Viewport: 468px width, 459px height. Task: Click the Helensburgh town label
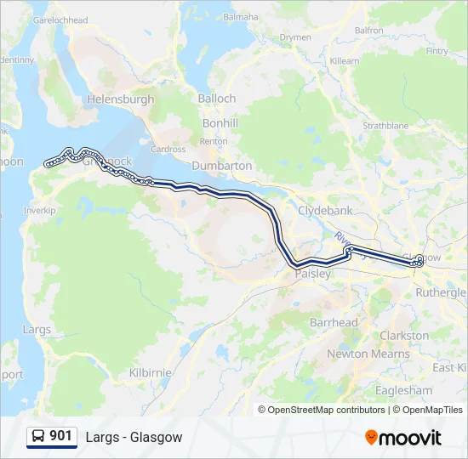[x=121, y=99]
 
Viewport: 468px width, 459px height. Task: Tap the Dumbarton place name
[x=222, y=166]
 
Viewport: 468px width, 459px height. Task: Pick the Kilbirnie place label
[x=150, y=372]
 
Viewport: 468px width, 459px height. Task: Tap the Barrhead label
[x=334, y=323]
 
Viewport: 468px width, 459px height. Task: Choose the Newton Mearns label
[x=359, y=354]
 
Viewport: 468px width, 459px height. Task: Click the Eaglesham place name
[x=403, y=390]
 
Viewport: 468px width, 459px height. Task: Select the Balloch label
[x=217, y=99]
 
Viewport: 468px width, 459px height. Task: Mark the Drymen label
[x=295, y=37]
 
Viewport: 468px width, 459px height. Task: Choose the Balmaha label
[x=240, y=16]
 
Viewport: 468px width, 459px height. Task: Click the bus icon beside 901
[x=38, y=437]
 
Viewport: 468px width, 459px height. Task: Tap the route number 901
[x=60, y=436]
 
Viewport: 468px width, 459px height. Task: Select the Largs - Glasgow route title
[x=134, y=437]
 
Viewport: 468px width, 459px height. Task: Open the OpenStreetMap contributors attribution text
[x=325, y=410]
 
